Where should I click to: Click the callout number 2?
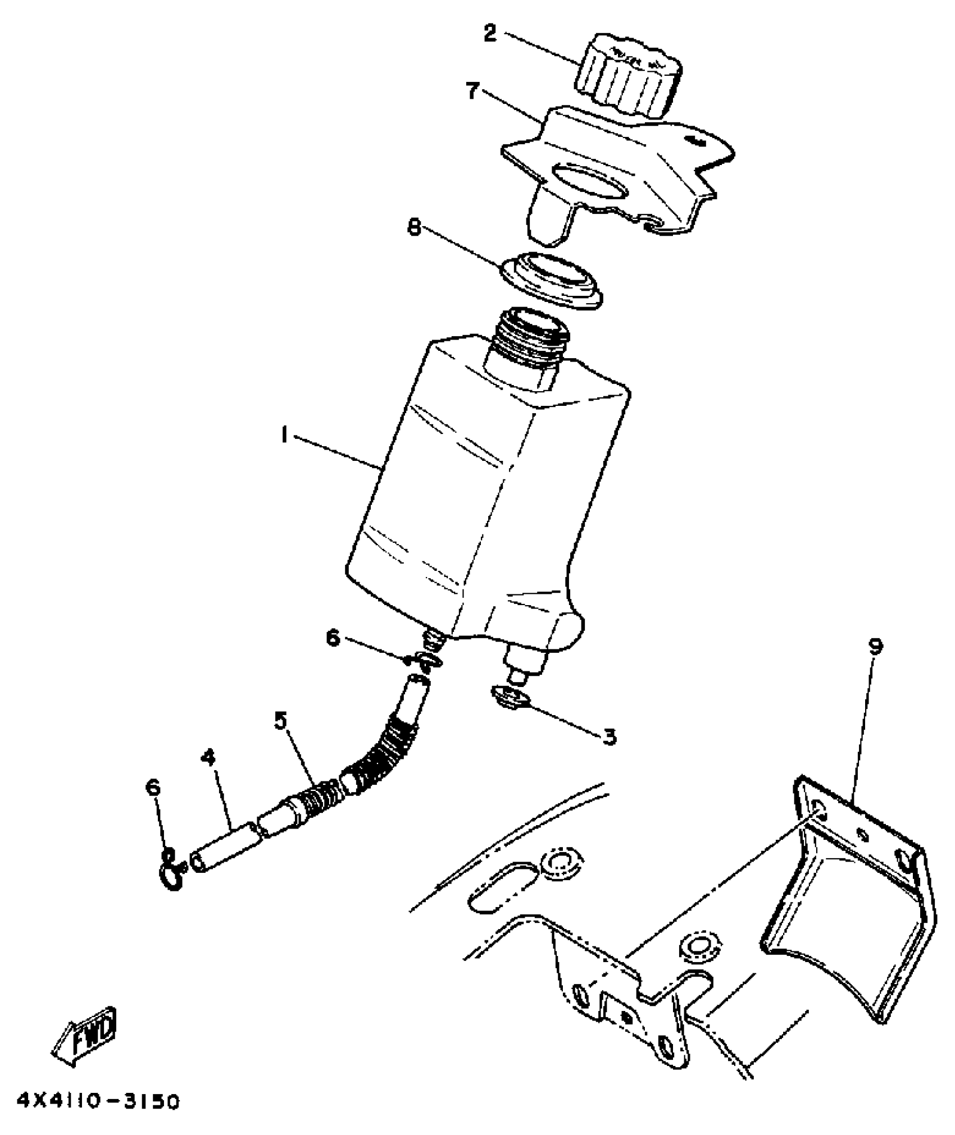[490, 34]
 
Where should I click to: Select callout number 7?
[474, 90]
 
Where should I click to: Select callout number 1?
[285, 434]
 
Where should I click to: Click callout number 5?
[281, 720]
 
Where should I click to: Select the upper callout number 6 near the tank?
[333, 638]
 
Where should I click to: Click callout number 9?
[876, 647]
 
